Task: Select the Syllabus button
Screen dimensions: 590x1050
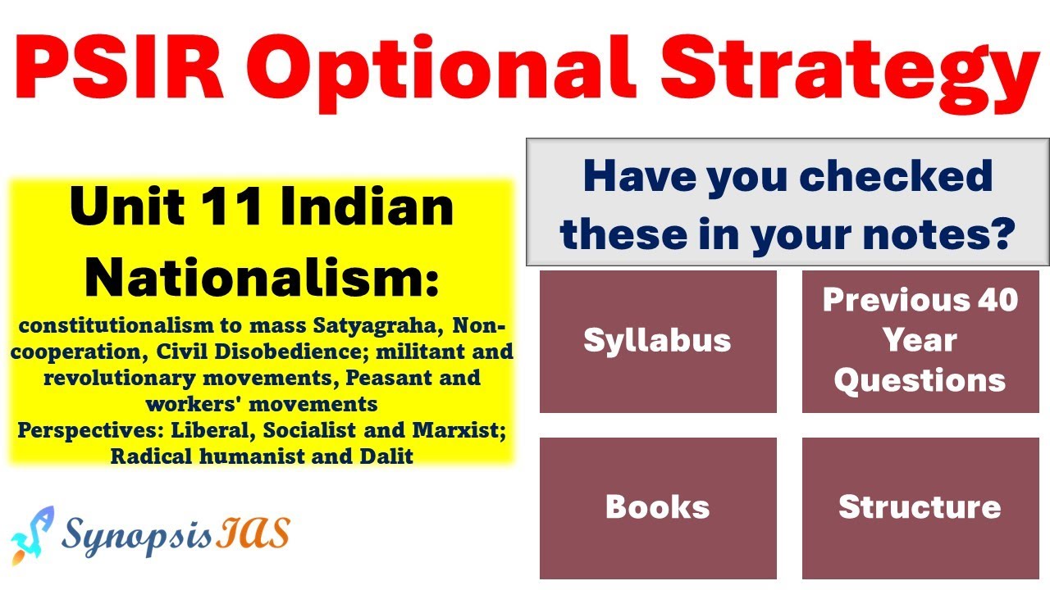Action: point(657,341)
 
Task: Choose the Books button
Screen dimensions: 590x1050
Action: point(657,507)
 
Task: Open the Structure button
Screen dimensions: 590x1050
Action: point(920,507)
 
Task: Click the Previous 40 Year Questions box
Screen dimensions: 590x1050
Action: point(920,340)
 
